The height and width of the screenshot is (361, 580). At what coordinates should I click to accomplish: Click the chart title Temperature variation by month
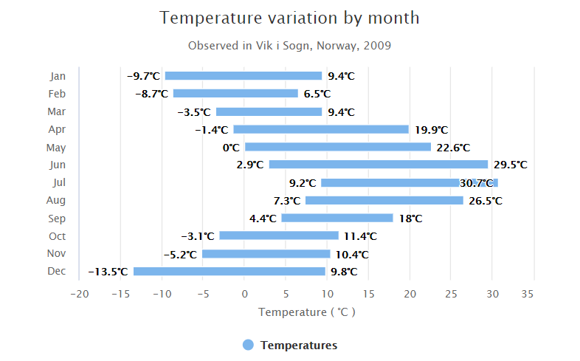pos(289,18)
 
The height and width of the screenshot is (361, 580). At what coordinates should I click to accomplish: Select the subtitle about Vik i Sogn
pos(289,46)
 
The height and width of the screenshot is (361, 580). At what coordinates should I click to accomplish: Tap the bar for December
pos(229,272)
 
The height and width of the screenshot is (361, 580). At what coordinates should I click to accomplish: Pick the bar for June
pos(378,165)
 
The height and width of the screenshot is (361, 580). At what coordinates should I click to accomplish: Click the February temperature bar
pos(235,94)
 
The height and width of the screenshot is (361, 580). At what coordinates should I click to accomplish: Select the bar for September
pos(336,218)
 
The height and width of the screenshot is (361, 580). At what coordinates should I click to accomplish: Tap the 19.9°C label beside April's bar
pos(431,130)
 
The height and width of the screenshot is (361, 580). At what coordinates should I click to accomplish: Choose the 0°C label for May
pos(231,148)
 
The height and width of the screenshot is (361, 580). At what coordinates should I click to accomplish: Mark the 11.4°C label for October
pos(360,236)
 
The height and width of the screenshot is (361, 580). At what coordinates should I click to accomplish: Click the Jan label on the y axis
pos(58,76)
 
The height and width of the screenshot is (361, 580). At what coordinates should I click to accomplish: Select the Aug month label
pos(57,200)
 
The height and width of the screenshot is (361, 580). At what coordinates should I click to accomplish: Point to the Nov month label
pos(57,254)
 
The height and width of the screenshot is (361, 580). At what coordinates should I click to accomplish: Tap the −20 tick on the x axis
pos(79,294)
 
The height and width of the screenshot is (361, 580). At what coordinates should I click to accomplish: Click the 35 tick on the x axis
pos(527,294)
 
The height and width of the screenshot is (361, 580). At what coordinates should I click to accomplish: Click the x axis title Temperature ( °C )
pos(306,312)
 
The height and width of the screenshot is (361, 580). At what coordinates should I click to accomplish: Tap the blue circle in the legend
pos(248,345)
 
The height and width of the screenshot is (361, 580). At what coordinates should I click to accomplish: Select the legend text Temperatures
pos(299,345)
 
